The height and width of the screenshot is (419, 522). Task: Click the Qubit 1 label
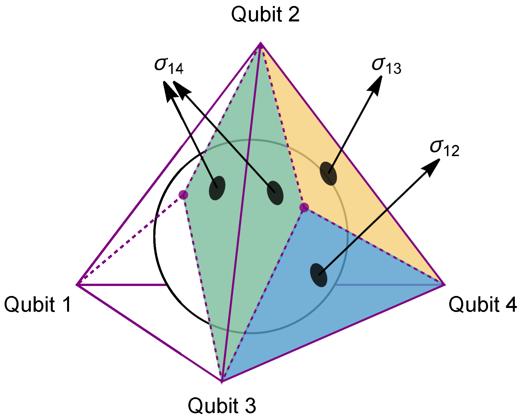tap(38, 305)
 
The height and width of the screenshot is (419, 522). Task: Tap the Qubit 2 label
tap(265, 14)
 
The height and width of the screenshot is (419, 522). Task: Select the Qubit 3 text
tap(222, 405)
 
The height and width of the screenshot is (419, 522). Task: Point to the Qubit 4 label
tap(483, 305)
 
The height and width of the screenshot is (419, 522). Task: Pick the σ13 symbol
tap(386, 66)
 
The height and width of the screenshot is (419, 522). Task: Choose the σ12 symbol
tap(444, 148)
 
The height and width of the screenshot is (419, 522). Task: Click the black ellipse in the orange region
tap(328, 174)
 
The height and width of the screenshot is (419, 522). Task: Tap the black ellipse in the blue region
tap(319, 275)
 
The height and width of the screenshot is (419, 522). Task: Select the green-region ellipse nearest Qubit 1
tap(217, 188)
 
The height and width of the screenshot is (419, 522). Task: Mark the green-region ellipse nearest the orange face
tap(275, 193)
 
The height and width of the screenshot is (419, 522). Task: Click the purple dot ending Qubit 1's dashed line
tap(183, 195)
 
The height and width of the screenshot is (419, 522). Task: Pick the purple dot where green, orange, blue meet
tap(304, 207)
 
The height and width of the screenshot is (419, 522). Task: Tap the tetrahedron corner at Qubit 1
tap(77, 285)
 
